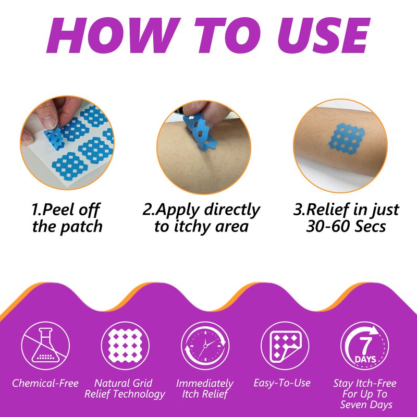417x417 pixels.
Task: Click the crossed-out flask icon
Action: pyautogui.click(x=45, y=346)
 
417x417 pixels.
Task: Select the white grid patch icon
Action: pyautogui.click(x=125, y=346)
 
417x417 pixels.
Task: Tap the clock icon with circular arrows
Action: pyautogui.click(x=205, y=346)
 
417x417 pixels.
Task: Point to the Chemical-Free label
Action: pyautogui.click(x=45, y=383)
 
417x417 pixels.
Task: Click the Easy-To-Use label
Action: pyautogui.click(x=282, y=383)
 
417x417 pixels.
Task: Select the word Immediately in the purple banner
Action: pyautogui.click(x=205, y=384)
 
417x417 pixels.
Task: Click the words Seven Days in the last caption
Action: pyautogui.click(x=366, y=404)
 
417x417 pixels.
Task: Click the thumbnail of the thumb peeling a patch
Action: pyautogui.click(x=67, y=143)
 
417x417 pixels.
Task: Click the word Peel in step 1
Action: pyautogui.click(x=54, y=210)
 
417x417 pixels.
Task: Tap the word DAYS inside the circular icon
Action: pyautogui.click(x=365, y=360)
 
